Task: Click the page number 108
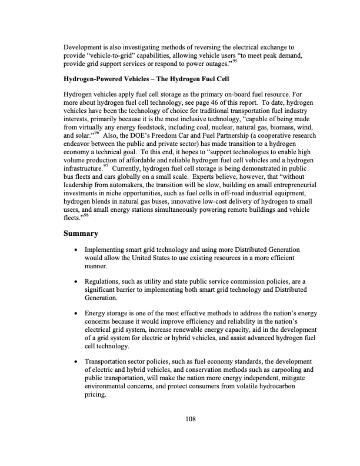(188, 419)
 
